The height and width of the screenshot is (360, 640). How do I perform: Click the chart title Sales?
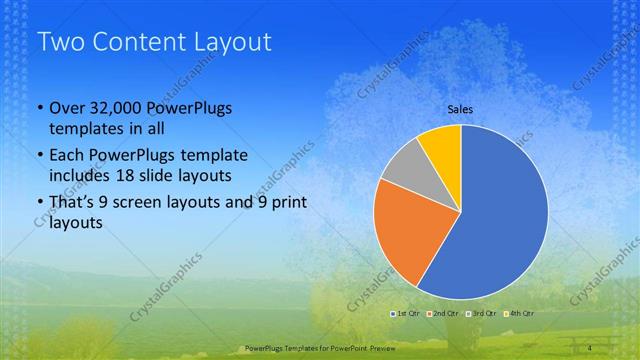460,109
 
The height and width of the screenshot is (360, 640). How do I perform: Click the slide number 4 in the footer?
591,347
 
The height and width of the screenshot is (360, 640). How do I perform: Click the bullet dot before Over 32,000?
39,109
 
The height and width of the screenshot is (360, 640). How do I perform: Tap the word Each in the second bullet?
66,156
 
